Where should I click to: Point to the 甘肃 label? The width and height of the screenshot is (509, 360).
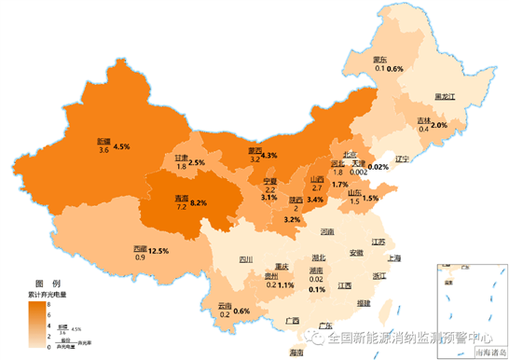[183, 158]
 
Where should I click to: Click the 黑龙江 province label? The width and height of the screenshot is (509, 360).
[445, 97]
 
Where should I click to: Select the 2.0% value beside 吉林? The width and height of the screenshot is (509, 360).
[439, 125]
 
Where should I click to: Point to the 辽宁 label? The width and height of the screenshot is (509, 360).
[403, 159]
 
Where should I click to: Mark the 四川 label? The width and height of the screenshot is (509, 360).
[245, 260]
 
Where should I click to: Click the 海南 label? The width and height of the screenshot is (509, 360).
[296, 353]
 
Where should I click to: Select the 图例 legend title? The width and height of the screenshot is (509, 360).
[47, 282]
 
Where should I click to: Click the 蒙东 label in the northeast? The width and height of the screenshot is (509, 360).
[381, 58]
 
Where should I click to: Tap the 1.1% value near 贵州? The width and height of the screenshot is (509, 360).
[285, 284]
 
